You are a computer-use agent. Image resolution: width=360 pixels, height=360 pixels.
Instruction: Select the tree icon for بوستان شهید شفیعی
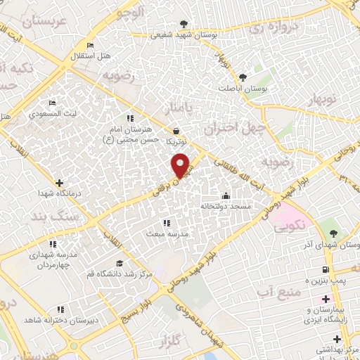184,23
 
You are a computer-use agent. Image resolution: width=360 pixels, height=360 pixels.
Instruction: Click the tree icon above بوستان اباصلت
243,77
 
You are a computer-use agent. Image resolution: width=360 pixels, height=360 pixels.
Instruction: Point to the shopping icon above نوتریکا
175,131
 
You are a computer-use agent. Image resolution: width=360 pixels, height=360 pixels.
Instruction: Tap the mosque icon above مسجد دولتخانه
225,195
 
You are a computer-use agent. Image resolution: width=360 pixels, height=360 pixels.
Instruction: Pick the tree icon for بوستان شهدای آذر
333,233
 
